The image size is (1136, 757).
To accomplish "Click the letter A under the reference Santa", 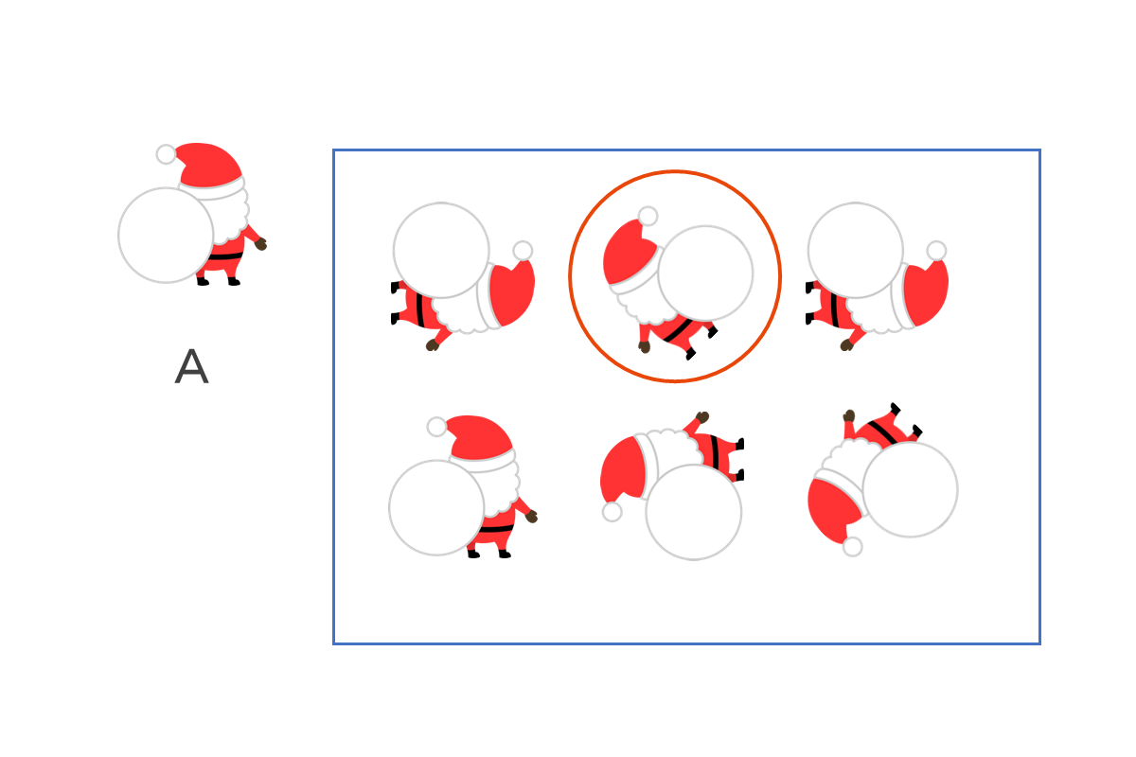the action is (x=191, y=366).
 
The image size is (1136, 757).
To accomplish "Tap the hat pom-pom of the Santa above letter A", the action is (x=167, y=154).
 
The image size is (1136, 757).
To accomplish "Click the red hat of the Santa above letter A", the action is (x=209, y=166).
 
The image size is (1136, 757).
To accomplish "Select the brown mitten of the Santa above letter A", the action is (x=260, y=244).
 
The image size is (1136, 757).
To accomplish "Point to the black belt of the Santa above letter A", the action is (x=225, y=256).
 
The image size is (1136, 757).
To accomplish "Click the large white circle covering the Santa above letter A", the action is (x=166, y=236).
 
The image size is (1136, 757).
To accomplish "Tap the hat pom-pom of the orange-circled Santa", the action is (x=648, y=216).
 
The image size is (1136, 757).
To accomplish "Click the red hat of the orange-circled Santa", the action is (x=628, y=252).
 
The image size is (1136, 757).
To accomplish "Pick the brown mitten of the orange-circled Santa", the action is (x=644, y=347).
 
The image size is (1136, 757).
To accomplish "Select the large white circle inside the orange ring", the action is (x=705, y=273).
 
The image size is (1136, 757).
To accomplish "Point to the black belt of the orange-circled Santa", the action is (x=678, y=330).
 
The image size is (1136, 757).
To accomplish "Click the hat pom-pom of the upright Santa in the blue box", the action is (x=436, y=427).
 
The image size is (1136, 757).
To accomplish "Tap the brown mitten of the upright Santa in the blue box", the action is (x=531, y=517).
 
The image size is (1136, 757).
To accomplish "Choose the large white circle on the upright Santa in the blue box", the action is (x=436, y=507).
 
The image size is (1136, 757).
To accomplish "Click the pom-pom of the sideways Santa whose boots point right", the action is (x=612, y=512).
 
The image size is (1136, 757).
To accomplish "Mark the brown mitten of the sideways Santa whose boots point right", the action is (x=702, y=417).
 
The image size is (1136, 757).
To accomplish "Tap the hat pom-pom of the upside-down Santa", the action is (x=853, y=547).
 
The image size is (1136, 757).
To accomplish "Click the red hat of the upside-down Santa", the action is (x=832, y=510).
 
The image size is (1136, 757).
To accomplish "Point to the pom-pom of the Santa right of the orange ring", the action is (x=936, y=251).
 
